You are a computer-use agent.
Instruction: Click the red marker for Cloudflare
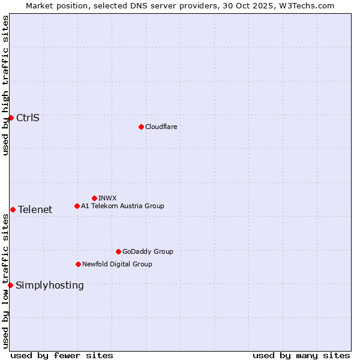141,127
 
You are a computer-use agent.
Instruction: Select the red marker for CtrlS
11,118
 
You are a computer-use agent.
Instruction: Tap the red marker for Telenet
13,209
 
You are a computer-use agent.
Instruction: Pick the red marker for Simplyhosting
10,285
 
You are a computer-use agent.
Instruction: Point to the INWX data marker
94,198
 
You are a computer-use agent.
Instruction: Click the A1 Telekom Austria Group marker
77,206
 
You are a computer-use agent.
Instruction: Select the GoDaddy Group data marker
118,251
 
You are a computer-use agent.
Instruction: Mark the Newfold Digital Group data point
78,264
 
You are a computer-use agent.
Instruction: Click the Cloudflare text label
161,127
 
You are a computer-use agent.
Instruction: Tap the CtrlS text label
28,118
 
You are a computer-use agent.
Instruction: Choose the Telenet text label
35,209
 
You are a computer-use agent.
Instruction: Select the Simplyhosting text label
50,285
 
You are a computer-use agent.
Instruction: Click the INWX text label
107,198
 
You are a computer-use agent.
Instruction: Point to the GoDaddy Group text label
148,251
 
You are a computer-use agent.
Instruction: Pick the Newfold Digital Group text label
117,264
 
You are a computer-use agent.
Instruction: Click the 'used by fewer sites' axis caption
62,355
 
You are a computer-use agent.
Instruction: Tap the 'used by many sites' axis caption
301,355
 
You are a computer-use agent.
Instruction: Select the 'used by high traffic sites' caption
5,85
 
